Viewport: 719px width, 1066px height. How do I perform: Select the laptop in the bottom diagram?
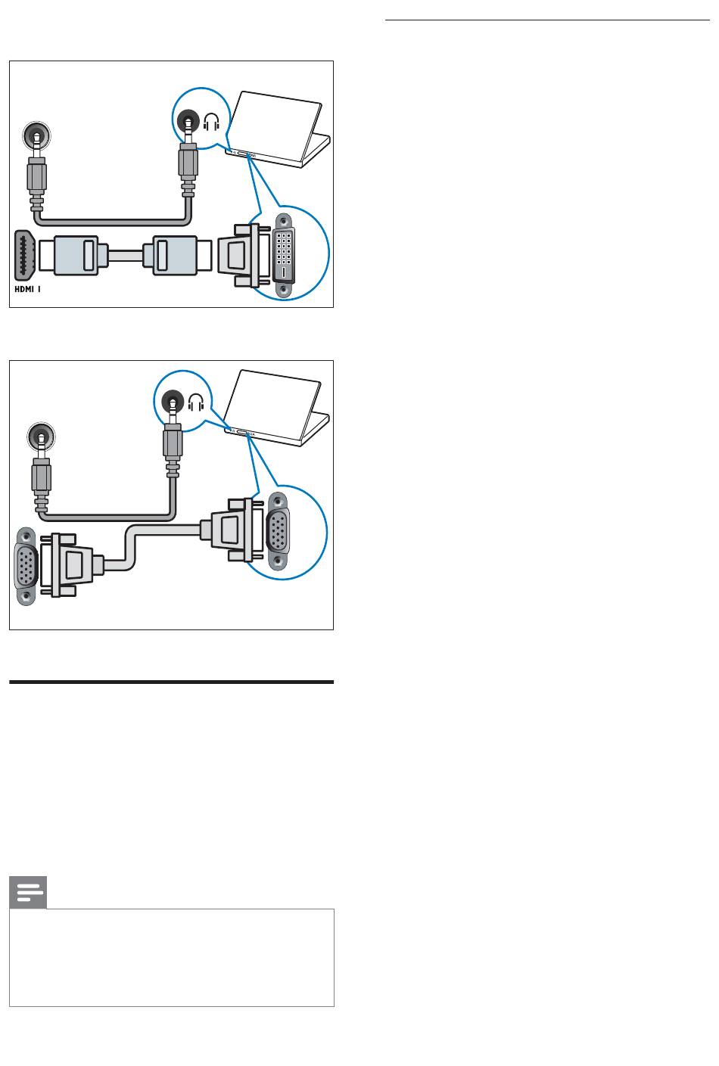tap(276, 409)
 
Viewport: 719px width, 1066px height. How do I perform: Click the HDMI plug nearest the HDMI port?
tap(74, 256)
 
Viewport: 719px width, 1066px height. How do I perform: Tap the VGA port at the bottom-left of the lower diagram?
tap(26, 567)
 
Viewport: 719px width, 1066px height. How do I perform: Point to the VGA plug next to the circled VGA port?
tap(230, 530)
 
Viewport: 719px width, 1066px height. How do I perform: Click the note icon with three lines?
tap(29, 894)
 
